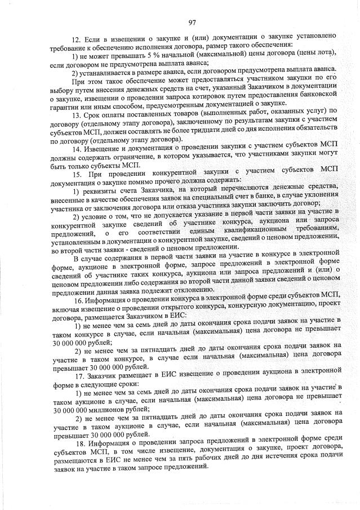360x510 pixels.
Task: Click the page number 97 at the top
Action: pos(192,23)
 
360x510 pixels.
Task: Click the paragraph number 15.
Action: pos(78,171)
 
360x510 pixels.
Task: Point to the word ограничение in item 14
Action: pos(121,156)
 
